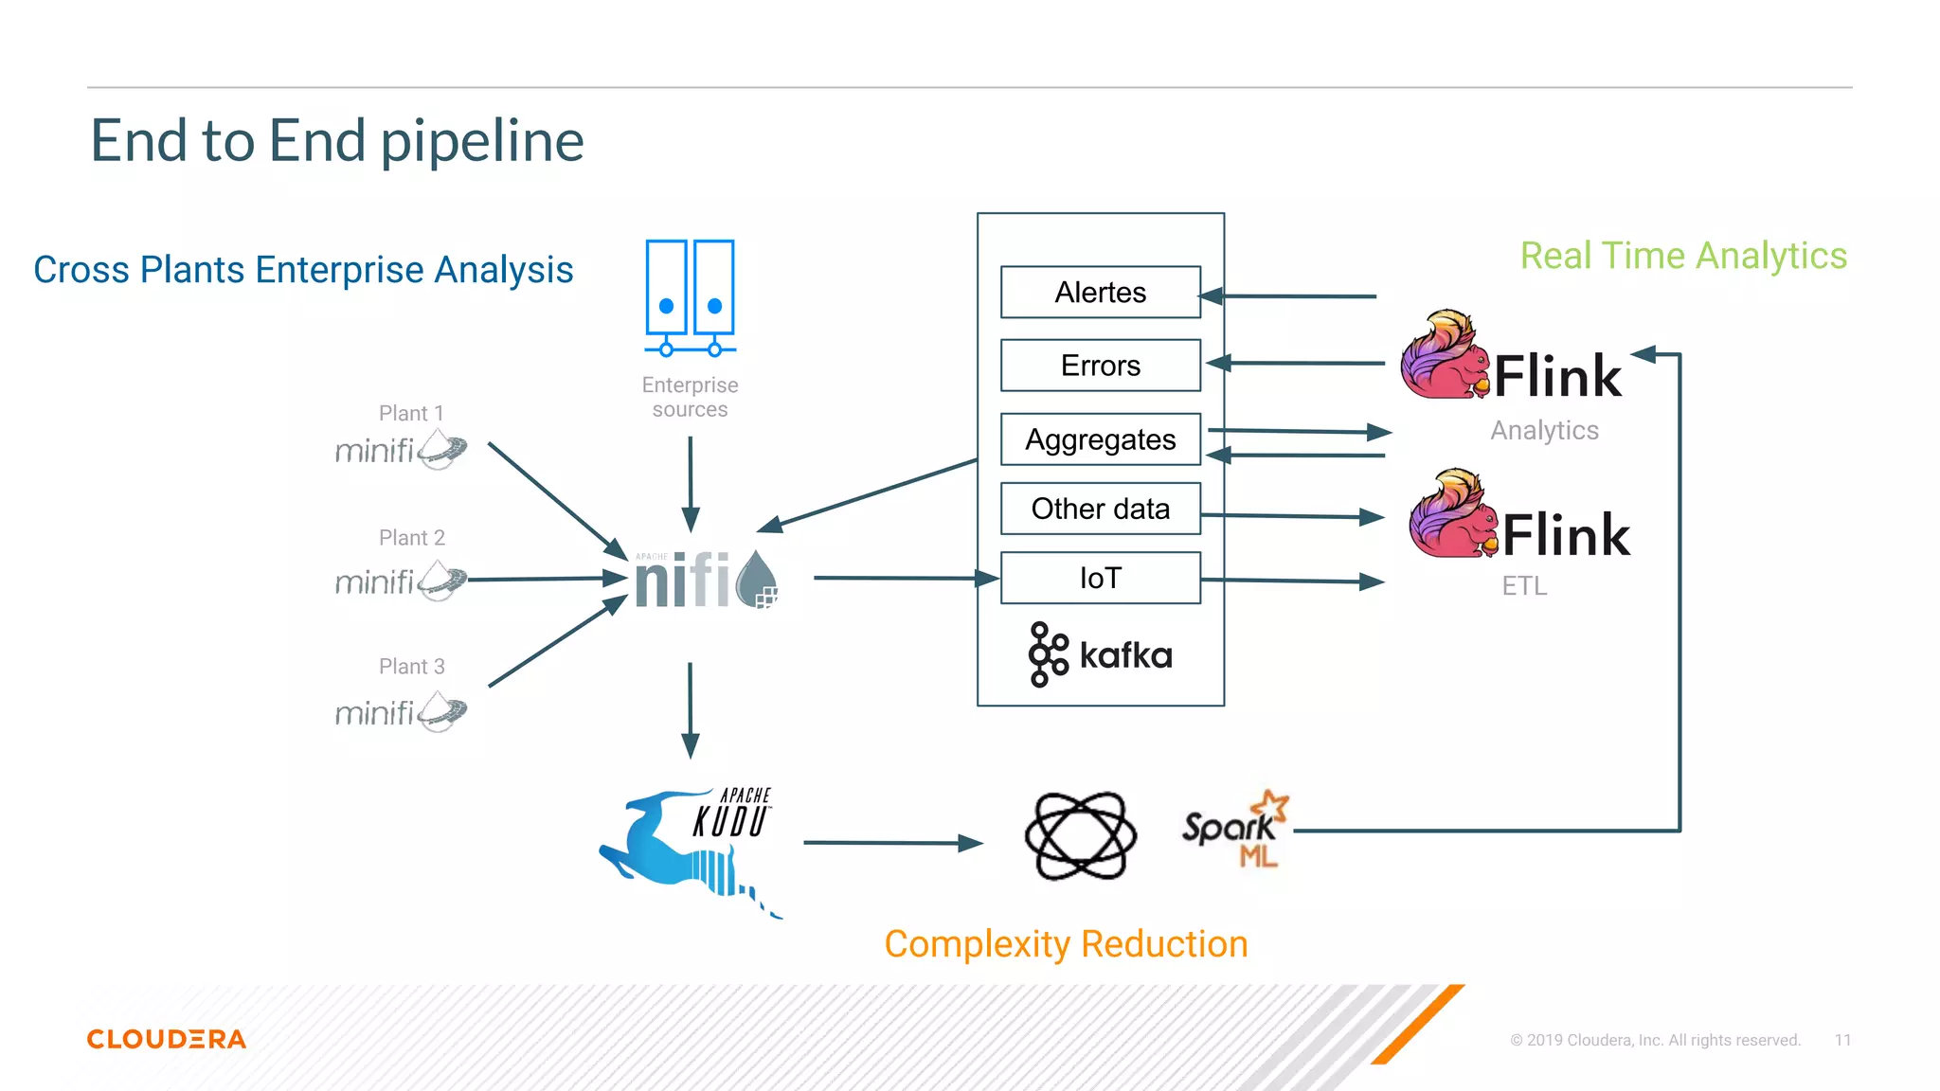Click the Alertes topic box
1100,293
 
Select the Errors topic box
1100,366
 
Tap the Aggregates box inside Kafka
1100,439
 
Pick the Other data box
1100,509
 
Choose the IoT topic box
1100,578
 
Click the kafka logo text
1124,655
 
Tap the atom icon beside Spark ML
1080,835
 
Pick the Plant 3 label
411,667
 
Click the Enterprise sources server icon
690,297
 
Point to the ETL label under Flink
1524,586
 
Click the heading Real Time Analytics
1683,256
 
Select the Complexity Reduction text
1066,944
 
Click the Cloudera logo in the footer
167,1039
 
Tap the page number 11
1842,1040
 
